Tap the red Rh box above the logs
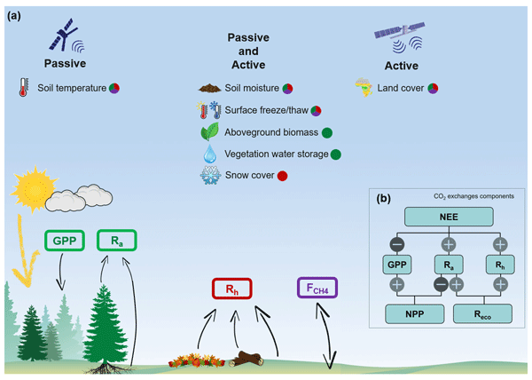[x=231, y=289]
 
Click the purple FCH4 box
[x=317, y=289]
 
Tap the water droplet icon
[x=210, y=154]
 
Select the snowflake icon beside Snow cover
[x=211, y=176]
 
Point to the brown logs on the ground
[x=246, y=360]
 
